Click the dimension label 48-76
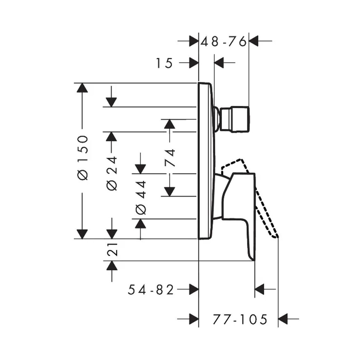click(x=224, y=42)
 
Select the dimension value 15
click(x=164, y=63)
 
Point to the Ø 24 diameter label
click(x=112, y=173)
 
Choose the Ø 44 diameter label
click(x=141, y=198)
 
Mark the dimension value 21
click(x=112, y=249)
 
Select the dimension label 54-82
click(x=151, y=290)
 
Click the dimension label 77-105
click(x=240, y=319)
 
